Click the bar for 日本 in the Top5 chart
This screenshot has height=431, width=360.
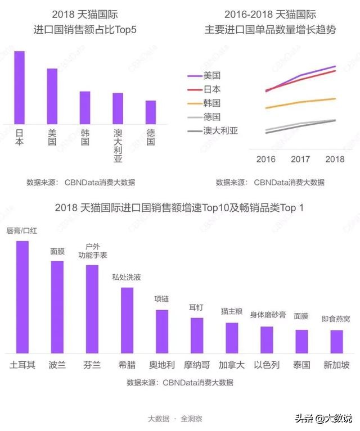click(x=19, y=87)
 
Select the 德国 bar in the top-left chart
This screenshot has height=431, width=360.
click(x=151, y=112)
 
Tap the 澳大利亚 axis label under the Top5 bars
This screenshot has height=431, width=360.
click(x=118, y=146)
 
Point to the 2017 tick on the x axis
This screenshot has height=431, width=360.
click(x=300, y=159)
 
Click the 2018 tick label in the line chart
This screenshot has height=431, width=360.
click(x=335, y=159)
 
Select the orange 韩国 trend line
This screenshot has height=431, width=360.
click(x=301, y=102)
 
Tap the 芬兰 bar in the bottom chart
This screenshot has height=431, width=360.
click(x=92, y=308)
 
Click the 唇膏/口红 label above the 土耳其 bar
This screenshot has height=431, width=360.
click(x=22, y=231)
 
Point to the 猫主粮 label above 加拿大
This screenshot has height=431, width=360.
click(x=232, y=311)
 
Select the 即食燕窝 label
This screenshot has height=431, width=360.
click(x=336, y=319)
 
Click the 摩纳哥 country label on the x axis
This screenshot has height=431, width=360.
click(x=197, y=365)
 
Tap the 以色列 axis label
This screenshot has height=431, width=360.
click(x=267, y=365)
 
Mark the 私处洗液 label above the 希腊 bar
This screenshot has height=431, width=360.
click(x=127, y=276)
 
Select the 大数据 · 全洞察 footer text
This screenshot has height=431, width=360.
click(x=175, y=419)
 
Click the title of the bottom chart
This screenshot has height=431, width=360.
click(x=179, y=207)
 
